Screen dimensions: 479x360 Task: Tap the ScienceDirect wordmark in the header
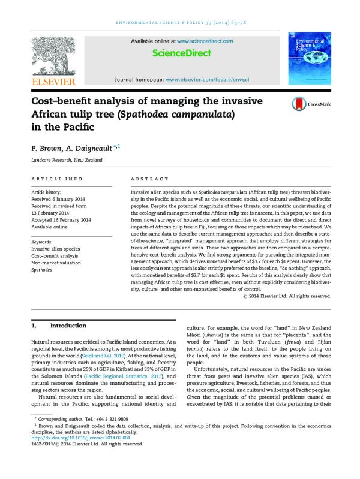pos(181,53)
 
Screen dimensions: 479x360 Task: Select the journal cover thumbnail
pos(308,58)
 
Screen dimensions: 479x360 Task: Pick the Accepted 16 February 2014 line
pos(61,220)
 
